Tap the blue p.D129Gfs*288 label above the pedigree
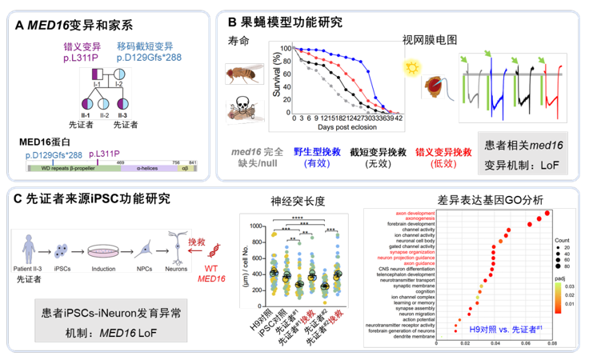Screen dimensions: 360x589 coord(153,58)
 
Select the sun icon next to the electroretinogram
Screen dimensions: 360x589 coord(415,70)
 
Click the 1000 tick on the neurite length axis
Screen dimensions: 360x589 coord(257,225)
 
